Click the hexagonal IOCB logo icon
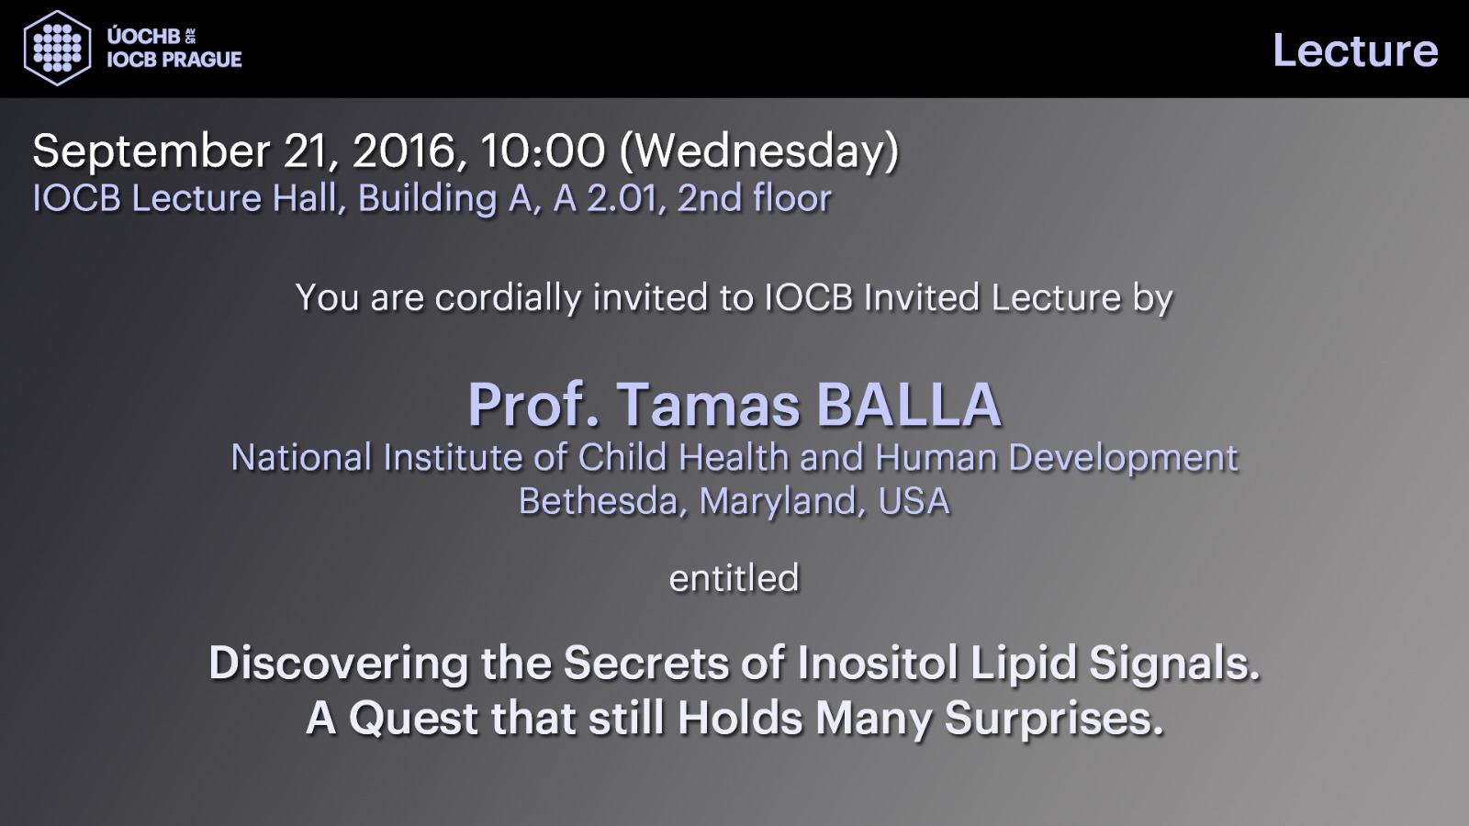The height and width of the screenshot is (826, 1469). point(57,48)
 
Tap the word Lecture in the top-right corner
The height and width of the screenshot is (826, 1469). point(1355,50)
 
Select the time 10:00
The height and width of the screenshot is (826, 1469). point(543,151)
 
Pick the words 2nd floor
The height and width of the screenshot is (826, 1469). point(754,198)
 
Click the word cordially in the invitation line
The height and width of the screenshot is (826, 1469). point(509,298)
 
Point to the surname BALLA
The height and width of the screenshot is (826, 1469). point(909,405)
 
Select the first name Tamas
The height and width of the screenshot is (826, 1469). point(708,405)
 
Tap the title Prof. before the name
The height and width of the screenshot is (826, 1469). point(533,405)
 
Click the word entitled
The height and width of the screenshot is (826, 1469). point(734,578)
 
